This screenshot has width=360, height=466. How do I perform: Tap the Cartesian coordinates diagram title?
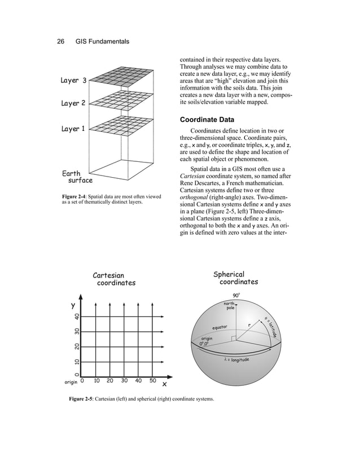click(x=115, y=279)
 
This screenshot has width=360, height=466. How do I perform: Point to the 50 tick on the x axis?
click(x=152, y=381)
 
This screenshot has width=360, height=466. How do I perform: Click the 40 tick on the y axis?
click(x=76, y=318)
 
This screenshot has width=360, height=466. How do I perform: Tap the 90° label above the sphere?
click(x=236, y=294)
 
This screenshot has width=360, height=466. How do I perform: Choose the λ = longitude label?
click(x=235, y=360)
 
